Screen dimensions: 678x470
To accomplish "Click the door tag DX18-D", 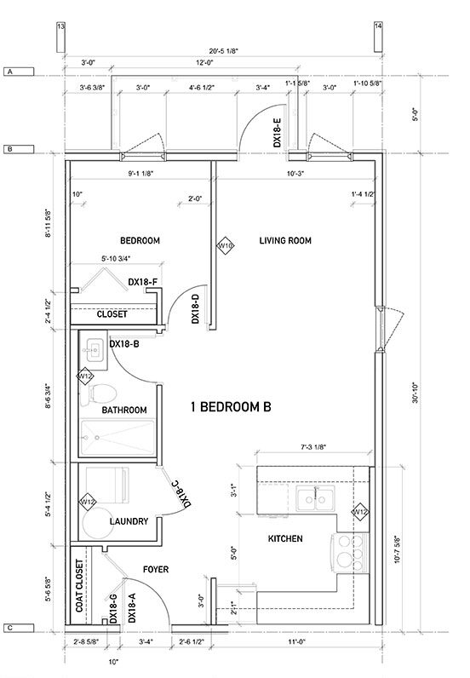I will pos(195,308).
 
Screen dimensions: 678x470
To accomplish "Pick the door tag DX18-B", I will pos(126,344).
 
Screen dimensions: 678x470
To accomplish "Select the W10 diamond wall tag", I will pos(226,245).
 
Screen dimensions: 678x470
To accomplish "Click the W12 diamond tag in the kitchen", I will pos(360,512).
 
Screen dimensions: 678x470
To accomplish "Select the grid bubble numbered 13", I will pos(60,26).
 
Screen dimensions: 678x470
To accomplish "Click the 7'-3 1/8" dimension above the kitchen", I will pos(313,447).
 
